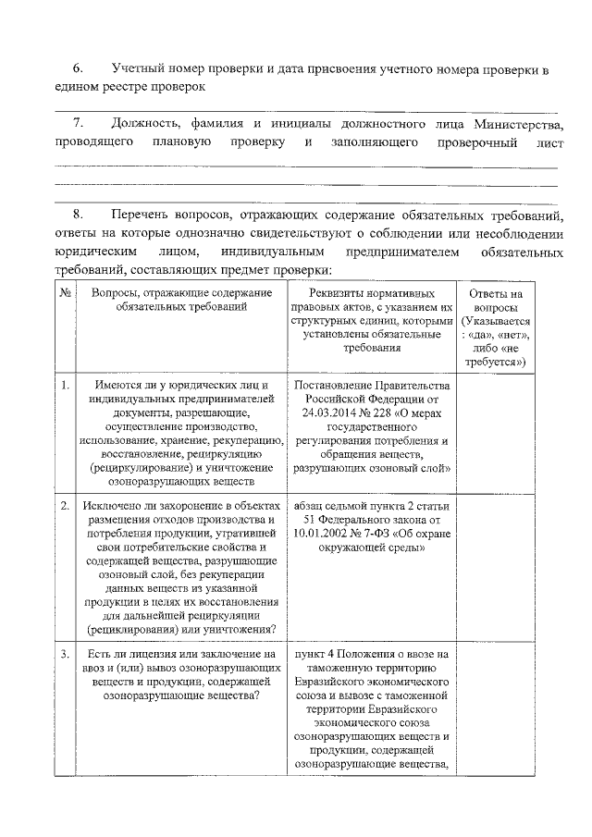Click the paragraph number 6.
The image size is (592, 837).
click(x=78, y=69)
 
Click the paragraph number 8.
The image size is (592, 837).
click(x=78, y=215)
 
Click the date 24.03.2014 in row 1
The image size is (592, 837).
click(x=332, y=412)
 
